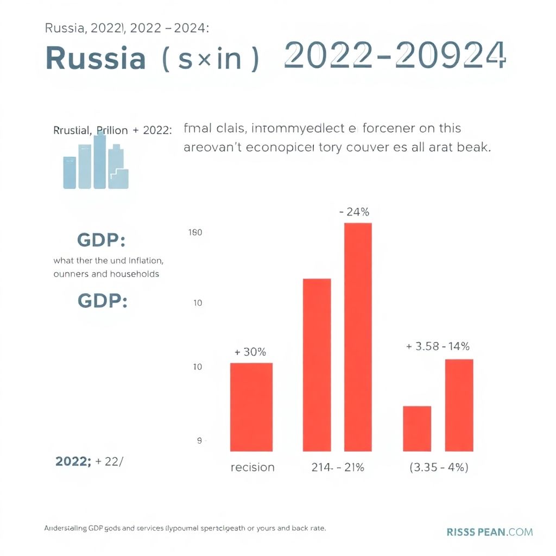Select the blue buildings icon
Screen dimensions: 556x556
point(96,161)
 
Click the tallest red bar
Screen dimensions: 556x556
point(358,337)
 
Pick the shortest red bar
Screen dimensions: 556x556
point(417,428)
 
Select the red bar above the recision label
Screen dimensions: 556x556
point(251,407)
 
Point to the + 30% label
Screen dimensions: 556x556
point(250,352)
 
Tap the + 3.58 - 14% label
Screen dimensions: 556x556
point(438,346)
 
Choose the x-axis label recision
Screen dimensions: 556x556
point(252,467)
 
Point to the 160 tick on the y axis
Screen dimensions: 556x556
point(194,233)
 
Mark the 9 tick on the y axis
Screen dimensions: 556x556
point(199,441)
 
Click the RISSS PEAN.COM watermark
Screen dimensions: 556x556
point(490,532)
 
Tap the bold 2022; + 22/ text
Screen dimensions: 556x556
point(89,462)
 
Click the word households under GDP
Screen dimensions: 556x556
point(135,274)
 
